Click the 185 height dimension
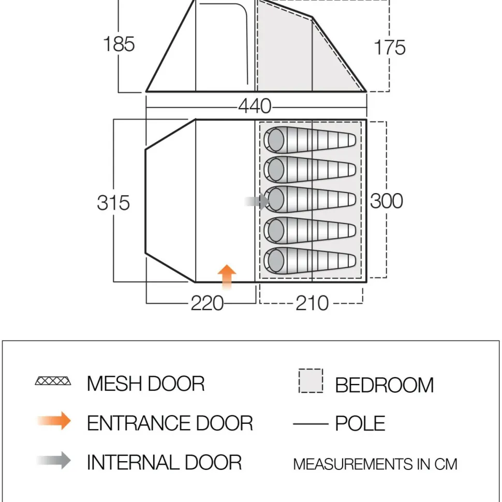(119, 44)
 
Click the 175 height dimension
(389, 48)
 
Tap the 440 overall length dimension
(255, 106)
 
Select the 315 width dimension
(113, 202)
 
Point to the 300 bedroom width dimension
(386, 201)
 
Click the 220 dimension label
(207, 303)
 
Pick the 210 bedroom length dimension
(312, 303)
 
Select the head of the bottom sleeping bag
(275, 259)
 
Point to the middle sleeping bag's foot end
(349, 200)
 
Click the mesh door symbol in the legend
(54, 382)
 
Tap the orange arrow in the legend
(54, 421)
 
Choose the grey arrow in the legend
(54, 460)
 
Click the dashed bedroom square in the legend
(311, 381)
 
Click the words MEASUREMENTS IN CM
(375, 464)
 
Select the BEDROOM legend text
(384, 385)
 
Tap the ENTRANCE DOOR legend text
(170, 423)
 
